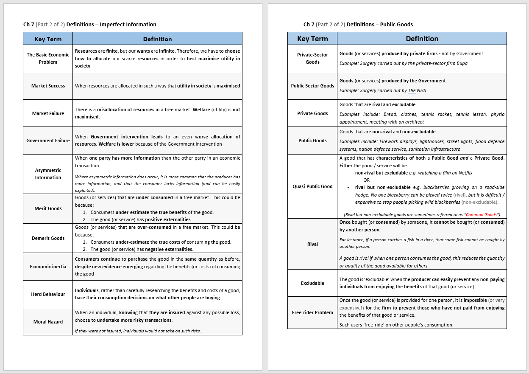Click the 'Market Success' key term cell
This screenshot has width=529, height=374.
[x=48, y=86]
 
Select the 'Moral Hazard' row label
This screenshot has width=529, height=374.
[x=48, y=322]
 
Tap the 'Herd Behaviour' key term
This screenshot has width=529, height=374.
[x=48, y=294]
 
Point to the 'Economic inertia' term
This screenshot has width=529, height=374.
[x=48, y=267]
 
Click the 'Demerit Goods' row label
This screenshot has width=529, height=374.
[x=48, y=238]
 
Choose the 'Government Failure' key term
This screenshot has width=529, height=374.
[x=48, y=141]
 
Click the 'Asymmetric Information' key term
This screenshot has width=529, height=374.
[x=48, y=174]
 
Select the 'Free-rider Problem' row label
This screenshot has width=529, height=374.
[x=312, y=312]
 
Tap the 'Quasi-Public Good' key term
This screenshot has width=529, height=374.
[x=312, y=186]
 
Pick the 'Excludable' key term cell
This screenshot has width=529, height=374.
[x=312, y=283]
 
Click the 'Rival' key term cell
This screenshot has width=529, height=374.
[x=312, y=244]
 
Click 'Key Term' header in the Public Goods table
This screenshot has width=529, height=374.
[x=312, y=39]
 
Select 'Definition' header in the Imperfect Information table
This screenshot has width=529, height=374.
[x=157, y=39]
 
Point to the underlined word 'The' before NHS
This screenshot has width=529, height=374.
[x=412, y=90]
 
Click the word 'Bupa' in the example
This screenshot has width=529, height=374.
[x=462, y=63]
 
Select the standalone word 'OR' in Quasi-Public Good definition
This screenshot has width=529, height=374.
[x=366, y=180]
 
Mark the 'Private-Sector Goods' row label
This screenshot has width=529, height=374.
[x=312, y=58]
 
